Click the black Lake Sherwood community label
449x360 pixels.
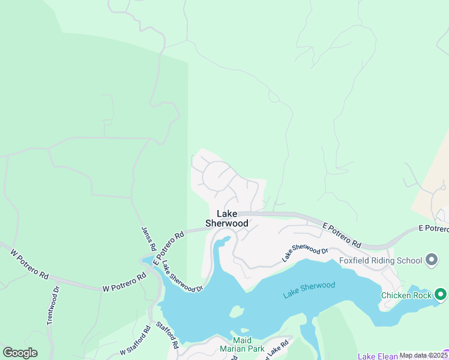click(227, 218)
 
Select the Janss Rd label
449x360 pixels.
click(149, 238)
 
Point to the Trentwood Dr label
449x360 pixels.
click(53, 305)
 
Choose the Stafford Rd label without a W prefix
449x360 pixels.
click(168, 335)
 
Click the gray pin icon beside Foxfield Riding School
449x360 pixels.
click(431, 260)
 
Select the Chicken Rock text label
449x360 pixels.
click(406, 295)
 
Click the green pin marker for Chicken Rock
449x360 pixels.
click(440, 295)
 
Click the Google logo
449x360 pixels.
click(20, 353)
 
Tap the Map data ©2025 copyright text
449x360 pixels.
click(424, 355)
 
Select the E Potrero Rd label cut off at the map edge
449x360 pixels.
click(433, 229)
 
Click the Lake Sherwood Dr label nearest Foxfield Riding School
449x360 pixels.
click(306, 254)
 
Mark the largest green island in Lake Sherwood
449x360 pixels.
click(236, 313)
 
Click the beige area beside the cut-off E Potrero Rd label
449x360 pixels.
click(432, 180)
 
